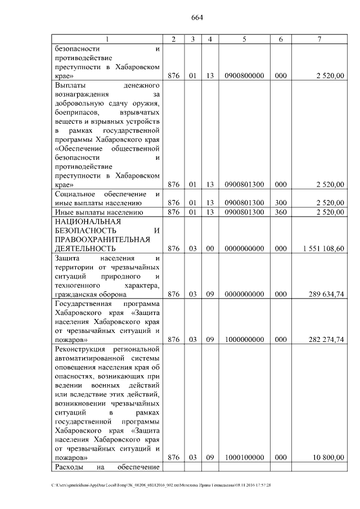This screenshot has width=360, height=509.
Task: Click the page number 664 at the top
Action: pos(197,17)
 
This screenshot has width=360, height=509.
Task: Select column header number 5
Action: pos(244,39)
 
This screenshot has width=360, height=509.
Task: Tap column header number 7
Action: pos(319,39)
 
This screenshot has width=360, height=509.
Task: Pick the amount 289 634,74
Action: pos(328,294)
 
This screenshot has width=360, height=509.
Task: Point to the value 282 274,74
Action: pos(328,339)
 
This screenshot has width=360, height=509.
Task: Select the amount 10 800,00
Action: pos(330,458)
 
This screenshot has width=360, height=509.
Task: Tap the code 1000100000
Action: pos(244,458)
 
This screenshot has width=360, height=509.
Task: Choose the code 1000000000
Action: pos(244,339)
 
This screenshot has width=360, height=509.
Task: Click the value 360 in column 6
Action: pos(281,212)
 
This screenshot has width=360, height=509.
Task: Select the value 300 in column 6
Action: pos(281,202)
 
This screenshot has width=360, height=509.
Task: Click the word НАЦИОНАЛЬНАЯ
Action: pos(84,222)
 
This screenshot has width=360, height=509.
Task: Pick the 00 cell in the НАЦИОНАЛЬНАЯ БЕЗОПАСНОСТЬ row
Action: pos(209,248)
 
